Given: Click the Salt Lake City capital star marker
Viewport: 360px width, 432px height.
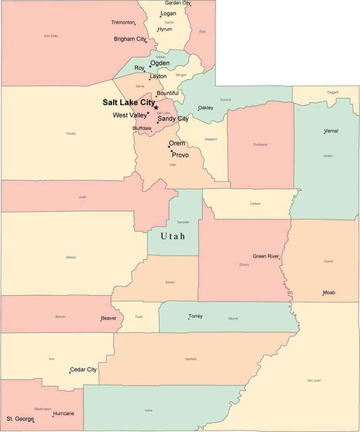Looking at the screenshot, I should click(156, 108).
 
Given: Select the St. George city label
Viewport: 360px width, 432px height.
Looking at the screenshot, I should click(20, 418).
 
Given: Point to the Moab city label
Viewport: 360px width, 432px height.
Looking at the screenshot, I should click(328, 293).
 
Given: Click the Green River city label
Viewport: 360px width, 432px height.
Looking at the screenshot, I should click(266, 256).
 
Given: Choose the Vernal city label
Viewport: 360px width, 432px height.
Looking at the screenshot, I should click(330, 131).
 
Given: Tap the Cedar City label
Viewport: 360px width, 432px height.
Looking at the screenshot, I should click(83, 369).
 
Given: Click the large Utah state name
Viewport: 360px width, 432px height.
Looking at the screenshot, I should click(173, 235).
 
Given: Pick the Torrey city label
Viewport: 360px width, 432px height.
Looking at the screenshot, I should click(195, 315).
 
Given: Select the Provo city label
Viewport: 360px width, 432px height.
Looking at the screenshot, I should click(180, 155).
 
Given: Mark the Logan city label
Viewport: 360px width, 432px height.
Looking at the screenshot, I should click(168, 13).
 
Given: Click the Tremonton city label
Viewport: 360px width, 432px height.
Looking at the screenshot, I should click(122, 22).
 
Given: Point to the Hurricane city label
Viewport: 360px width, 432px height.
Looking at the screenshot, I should click(63, 414).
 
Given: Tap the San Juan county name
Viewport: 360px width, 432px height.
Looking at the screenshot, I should click(313, 379).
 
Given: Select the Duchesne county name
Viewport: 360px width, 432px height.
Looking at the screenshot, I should click(260, 145).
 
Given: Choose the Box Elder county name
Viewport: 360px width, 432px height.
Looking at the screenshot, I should click(50, 35).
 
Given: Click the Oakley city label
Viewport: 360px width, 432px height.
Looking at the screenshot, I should click(205, 108).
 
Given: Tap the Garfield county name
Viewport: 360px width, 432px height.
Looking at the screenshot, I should click(190, 358).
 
